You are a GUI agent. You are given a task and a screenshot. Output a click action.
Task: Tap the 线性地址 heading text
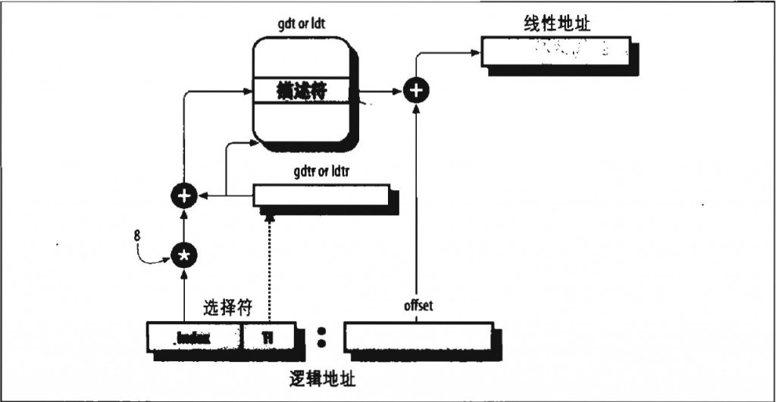[x=557, y=23]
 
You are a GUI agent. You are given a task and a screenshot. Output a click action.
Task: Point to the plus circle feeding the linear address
[x=415, y=91]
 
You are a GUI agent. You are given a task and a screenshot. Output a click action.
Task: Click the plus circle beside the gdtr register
[x=183, y=196]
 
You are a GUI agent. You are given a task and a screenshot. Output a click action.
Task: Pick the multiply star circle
[x=183, y=256]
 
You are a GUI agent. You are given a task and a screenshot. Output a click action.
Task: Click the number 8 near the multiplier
[x=137, y=235]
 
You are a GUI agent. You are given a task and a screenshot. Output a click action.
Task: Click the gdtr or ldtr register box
[x=319, y=195]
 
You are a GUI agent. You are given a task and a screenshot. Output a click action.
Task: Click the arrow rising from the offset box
[x=415, y=204]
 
